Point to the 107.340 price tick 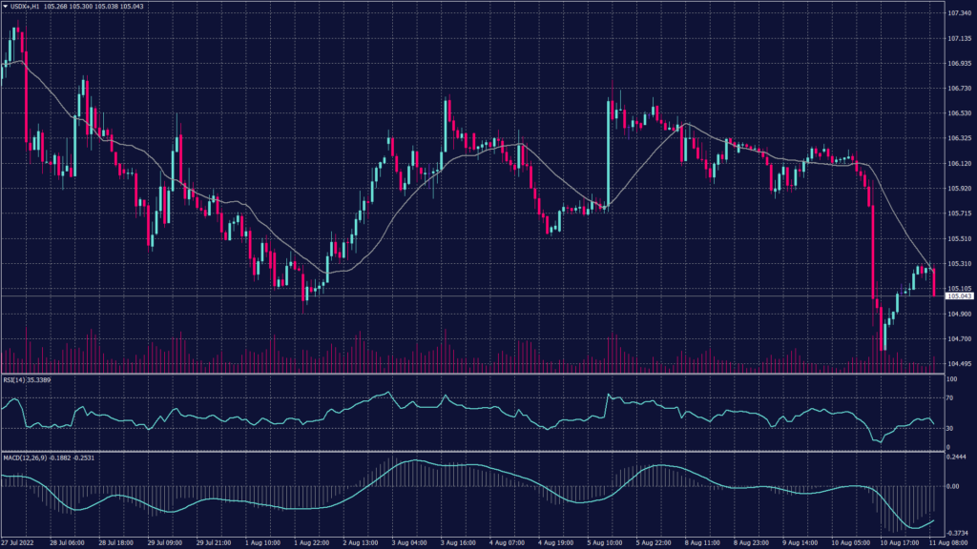click(x=959, y=13)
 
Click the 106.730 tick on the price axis click(x=959, y=89)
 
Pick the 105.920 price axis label click(x=959, y=189)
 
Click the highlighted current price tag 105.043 click(x=959, y=296)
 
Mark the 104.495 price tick click(x=959, y=364)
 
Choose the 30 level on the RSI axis click(x=951, y=429)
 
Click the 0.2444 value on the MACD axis click(x=958, y=457)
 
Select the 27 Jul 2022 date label click(x=20, y=543)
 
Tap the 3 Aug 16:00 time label click(x=461, y=543)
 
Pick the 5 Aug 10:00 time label click(x=608, y=543)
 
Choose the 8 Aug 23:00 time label click(x=756, y=543)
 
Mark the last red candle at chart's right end click(x=934, y=283)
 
